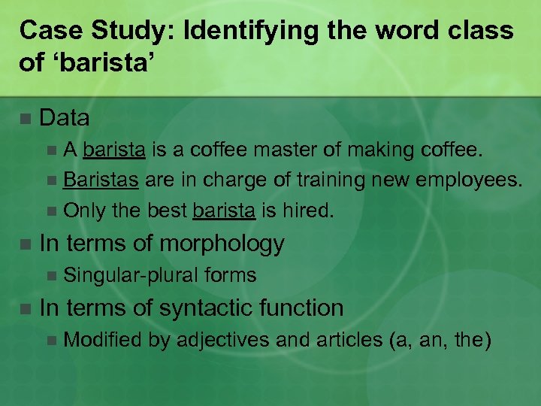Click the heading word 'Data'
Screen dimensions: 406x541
(65, 118)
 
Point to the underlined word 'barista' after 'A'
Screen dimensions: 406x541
(114, 150)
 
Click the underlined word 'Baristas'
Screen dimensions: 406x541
(101, 180)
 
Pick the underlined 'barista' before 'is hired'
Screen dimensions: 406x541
(224, 211)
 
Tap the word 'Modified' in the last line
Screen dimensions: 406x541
(103, 340)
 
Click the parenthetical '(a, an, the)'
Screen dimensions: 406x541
(440, 340)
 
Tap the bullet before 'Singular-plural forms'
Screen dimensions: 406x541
(50, 277)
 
